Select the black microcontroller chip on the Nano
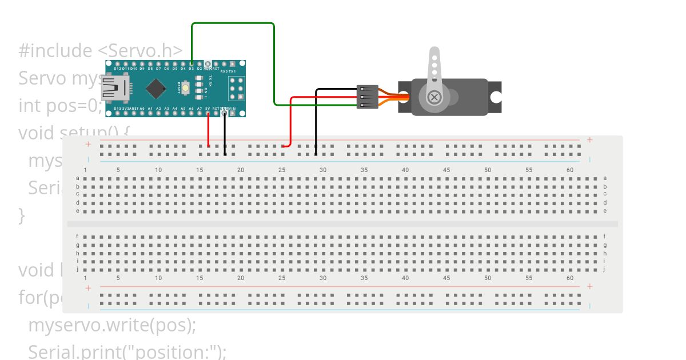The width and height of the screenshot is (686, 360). click(155, 89)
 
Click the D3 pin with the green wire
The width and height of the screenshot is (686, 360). click(192, 64)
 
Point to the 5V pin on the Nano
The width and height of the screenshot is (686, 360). click(208, 113)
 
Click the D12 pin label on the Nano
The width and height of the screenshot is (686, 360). click(117, 69)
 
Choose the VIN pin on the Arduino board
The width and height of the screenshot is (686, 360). click(233, 113)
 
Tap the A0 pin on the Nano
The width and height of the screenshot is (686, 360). click(142, 113)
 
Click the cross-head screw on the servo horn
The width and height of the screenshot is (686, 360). click(434, 97)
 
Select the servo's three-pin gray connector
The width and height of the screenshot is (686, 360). click(367, 97)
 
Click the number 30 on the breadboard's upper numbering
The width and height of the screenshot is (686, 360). click(323, 170)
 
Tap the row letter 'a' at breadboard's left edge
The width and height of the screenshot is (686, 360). click(78, 178)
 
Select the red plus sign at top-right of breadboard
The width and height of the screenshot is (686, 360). click(589, 140)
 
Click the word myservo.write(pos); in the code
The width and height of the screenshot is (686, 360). click(112, 325)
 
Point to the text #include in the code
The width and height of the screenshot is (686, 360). click(55, 51)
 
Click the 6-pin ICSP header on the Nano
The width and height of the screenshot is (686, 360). click(236, 88)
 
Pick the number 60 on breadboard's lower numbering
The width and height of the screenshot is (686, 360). click(570, 278)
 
